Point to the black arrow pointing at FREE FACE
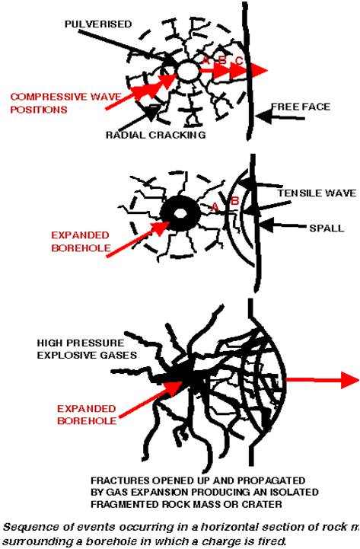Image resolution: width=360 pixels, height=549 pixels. click(x=271, y=116)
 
